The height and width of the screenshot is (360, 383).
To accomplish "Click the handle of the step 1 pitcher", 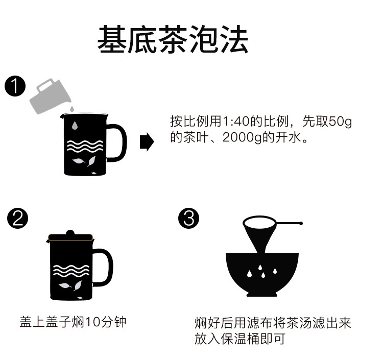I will click(118, 143).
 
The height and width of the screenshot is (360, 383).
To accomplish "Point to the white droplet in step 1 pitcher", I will click(75, 125).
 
